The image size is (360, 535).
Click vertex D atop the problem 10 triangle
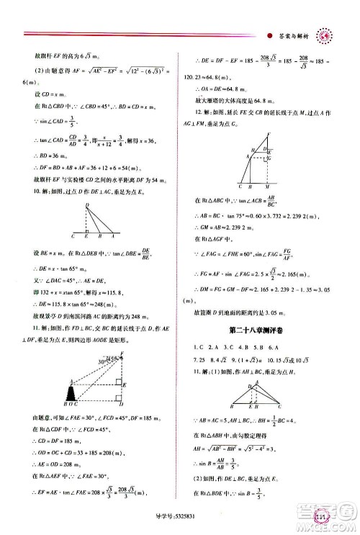coord(87,205)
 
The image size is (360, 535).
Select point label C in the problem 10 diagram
coord(74,235)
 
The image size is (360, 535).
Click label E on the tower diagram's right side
coord(126,385)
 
